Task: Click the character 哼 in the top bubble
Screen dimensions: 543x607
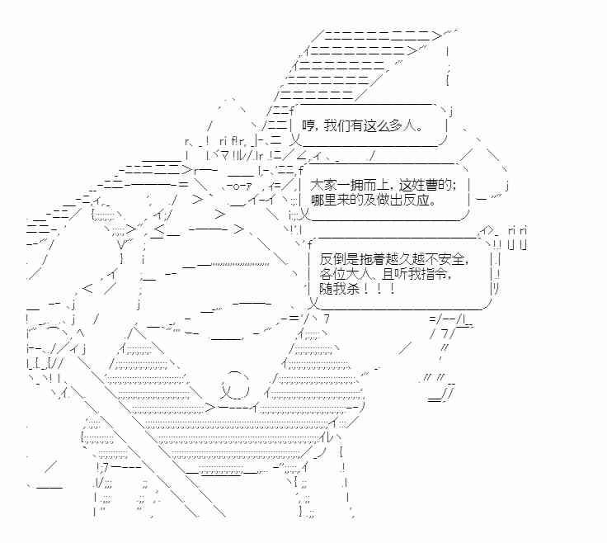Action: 309,126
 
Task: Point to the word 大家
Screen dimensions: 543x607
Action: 322,187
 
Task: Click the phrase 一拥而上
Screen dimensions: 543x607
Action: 363,187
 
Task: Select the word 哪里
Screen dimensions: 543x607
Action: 322,201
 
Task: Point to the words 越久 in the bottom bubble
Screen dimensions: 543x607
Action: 406,259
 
